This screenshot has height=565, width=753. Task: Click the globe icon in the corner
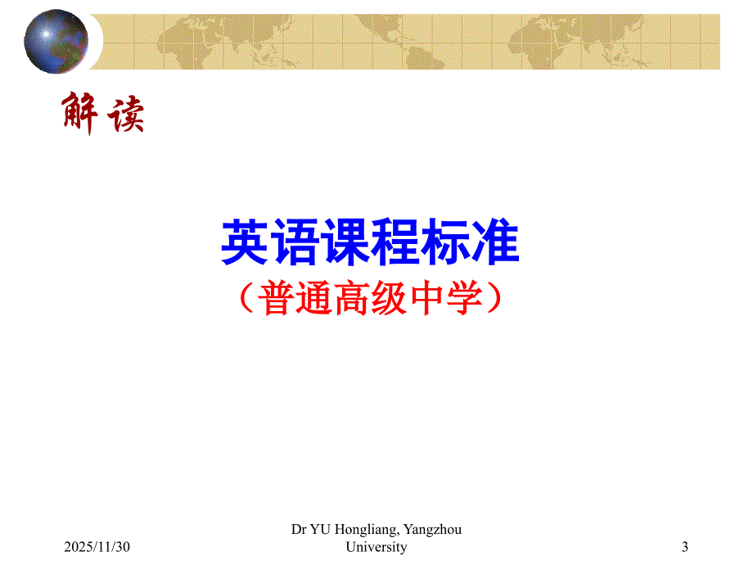56,41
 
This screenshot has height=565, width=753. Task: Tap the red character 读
125,115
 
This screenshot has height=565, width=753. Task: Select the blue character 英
246,242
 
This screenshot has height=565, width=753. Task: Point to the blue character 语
295,242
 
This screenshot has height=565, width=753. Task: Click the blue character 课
345,242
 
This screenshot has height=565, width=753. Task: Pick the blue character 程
395,242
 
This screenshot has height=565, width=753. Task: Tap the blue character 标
445,242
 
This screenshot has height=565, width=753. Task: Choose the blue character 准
495,242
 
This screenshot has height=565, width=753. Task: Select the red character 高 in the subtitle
351,301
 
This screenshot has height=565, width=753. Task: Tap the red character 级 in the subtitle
389,301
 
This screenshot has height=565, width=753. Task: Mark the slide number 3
684,547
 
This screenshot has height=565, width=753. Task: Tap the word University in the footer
376,547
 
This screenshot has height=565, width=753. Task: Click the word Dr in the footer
300,530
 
